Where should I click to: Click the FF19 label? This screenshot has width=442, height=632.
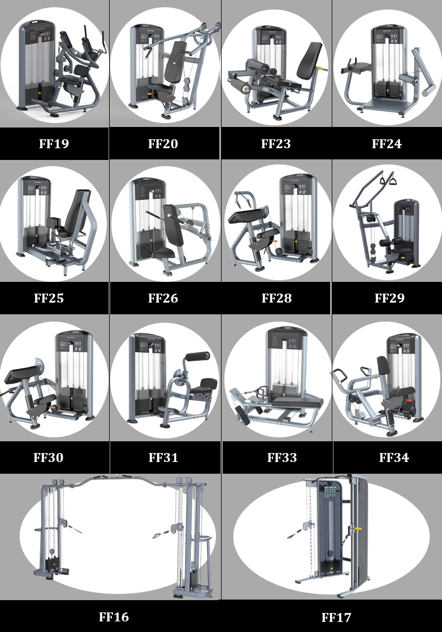[54, 144]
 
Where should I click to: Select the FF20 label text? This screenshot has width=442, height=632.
[163, 144]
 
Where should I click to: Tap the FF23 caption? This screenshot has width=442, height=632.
[276, 144]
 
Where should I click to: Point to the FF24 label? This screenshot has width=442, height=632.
[387, 144]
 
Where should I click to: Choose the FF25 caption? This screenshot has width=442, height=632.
[49, 298]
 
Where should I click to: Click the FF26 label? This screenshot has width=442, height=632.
[163, 298]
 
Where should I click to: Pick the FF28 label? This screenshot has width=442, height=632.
[276, 298]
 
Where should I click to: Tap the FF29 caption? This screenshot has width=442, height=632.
[389, 298]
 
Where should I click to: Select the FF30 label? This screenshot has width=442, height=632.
[48, 458]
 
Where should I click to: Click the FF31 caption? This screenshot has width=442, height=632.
[163, 458]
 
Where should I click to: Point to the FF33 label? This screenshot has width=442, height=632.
[282, 458]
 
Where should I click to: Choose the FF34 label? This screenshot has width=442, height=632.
[394, 458]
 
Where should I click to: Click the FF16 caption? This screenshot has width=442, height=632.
[114, 617]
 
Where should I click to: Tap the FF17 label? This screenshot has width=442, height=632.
[336, 617]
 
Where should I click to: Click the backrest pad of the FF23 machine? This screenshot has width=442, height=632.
[310, 62]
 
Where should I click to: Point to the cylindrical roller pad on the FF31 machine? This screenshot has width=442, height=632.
[197, 357]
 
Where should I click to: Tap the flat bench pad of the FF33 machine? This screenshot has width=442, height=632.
[298, 400]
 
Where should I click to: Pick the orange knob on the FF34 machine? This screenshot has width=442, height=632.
[409, 402]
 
